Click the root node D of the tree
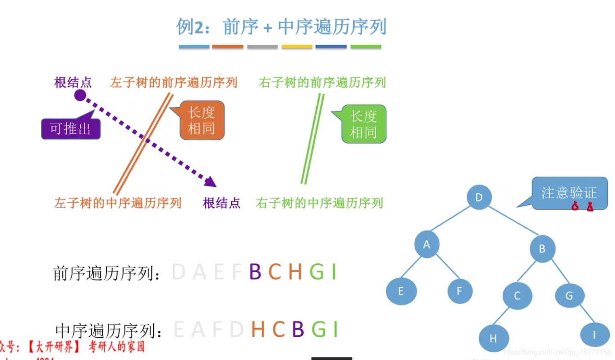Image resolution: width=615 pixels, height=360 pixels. click(479, 197)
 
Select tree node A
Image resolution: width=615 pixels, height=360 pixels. click(426, 244)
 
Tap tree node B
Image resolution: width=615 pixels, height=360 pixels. click(542, 249)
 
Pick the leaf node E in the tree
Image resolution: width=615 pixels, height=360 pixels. click(401, 291)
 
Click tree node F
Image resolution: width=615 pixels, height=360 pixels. click(460, 291)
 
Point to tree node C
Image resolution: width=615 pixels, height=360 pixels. click(517, 296)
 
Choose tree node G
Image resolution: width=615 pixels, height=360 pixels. click(569, 296)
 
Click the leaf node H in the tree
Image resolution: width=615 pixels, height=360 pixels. click(494, 338)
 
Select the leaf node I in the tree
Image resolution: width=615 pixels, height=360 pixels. click(594, 335)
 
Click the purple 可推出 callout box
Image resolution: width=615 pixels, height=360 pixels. click(71, 129)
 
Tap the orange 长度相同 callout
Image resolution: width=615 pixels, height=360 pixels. click(201, 120)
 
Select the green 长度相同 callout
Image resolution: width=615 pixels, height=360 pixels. click(363, 124)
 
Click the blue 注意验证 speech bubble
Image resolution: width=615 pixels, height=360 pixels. click(569, 193)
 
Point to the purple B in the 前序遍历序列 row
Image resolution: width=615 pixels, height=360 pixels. click(255, 272)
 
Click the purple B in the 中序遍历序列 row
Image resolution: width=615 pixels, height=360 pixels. click(298, 329)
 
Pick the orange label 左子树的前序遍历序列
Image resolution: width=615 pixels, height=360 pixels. click(174, 82)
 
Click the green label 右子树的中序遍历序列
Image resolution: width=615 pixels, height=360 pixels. click(319, 203)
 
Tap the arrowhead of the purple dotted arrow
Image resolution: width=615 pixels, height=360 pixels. click(211, 182)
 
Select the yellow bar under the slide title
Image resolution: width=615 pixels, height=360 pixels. click(297, 46)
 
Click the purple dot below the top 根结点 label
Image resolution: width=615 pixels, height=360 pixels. click(80, 95)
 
